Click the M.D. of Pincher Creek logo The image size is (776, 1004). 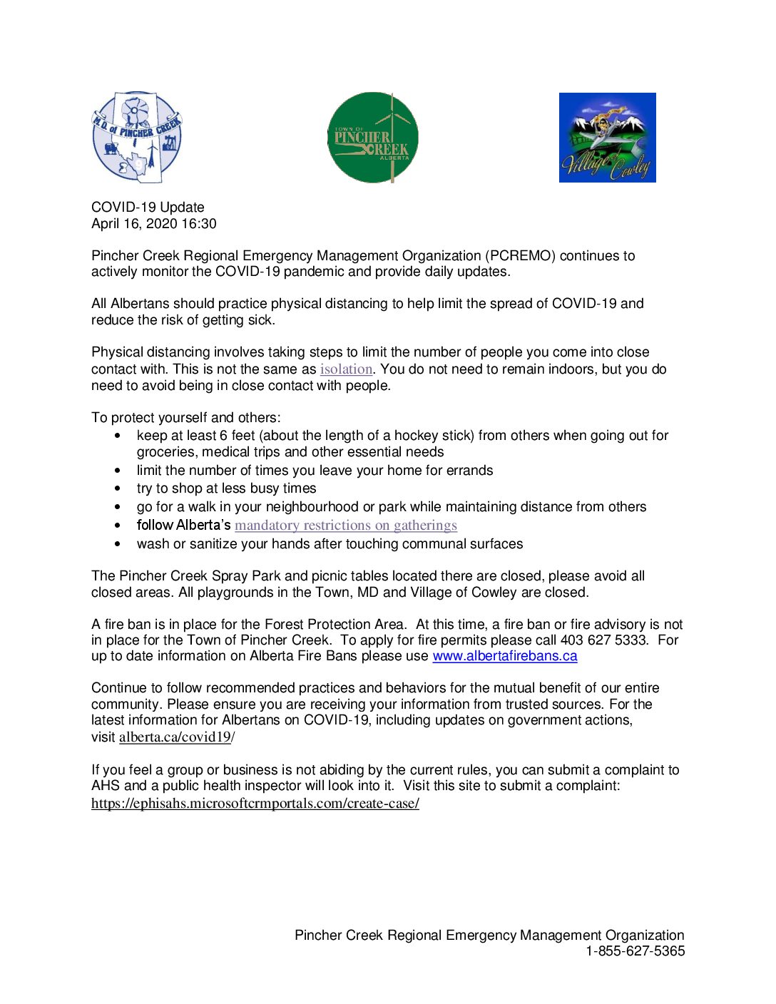click(136, 136)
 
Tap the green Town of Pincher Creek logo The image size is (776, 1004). click(372, 137)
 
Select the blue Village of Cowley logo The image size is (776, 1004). click(607, 137)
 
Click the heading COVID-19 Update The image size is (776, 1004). click(148, 208)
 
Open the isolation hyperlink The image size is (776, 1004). click(346, 369)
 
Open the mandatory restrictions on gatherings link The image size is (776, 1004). click(346, 526)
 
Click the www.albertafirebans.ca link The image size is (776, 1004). click(504, 656)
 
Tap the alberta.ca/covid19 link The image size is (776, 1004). click(175, 737)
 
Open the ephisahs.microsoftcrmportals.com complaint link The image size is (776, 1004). click(255, 804)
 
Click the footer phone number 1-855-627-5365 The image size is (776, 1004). click(635, 951)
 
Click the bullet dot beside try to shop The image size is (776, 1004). click(118, 489)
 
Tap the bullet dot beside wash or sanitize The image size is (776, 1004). click(118, 544)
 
